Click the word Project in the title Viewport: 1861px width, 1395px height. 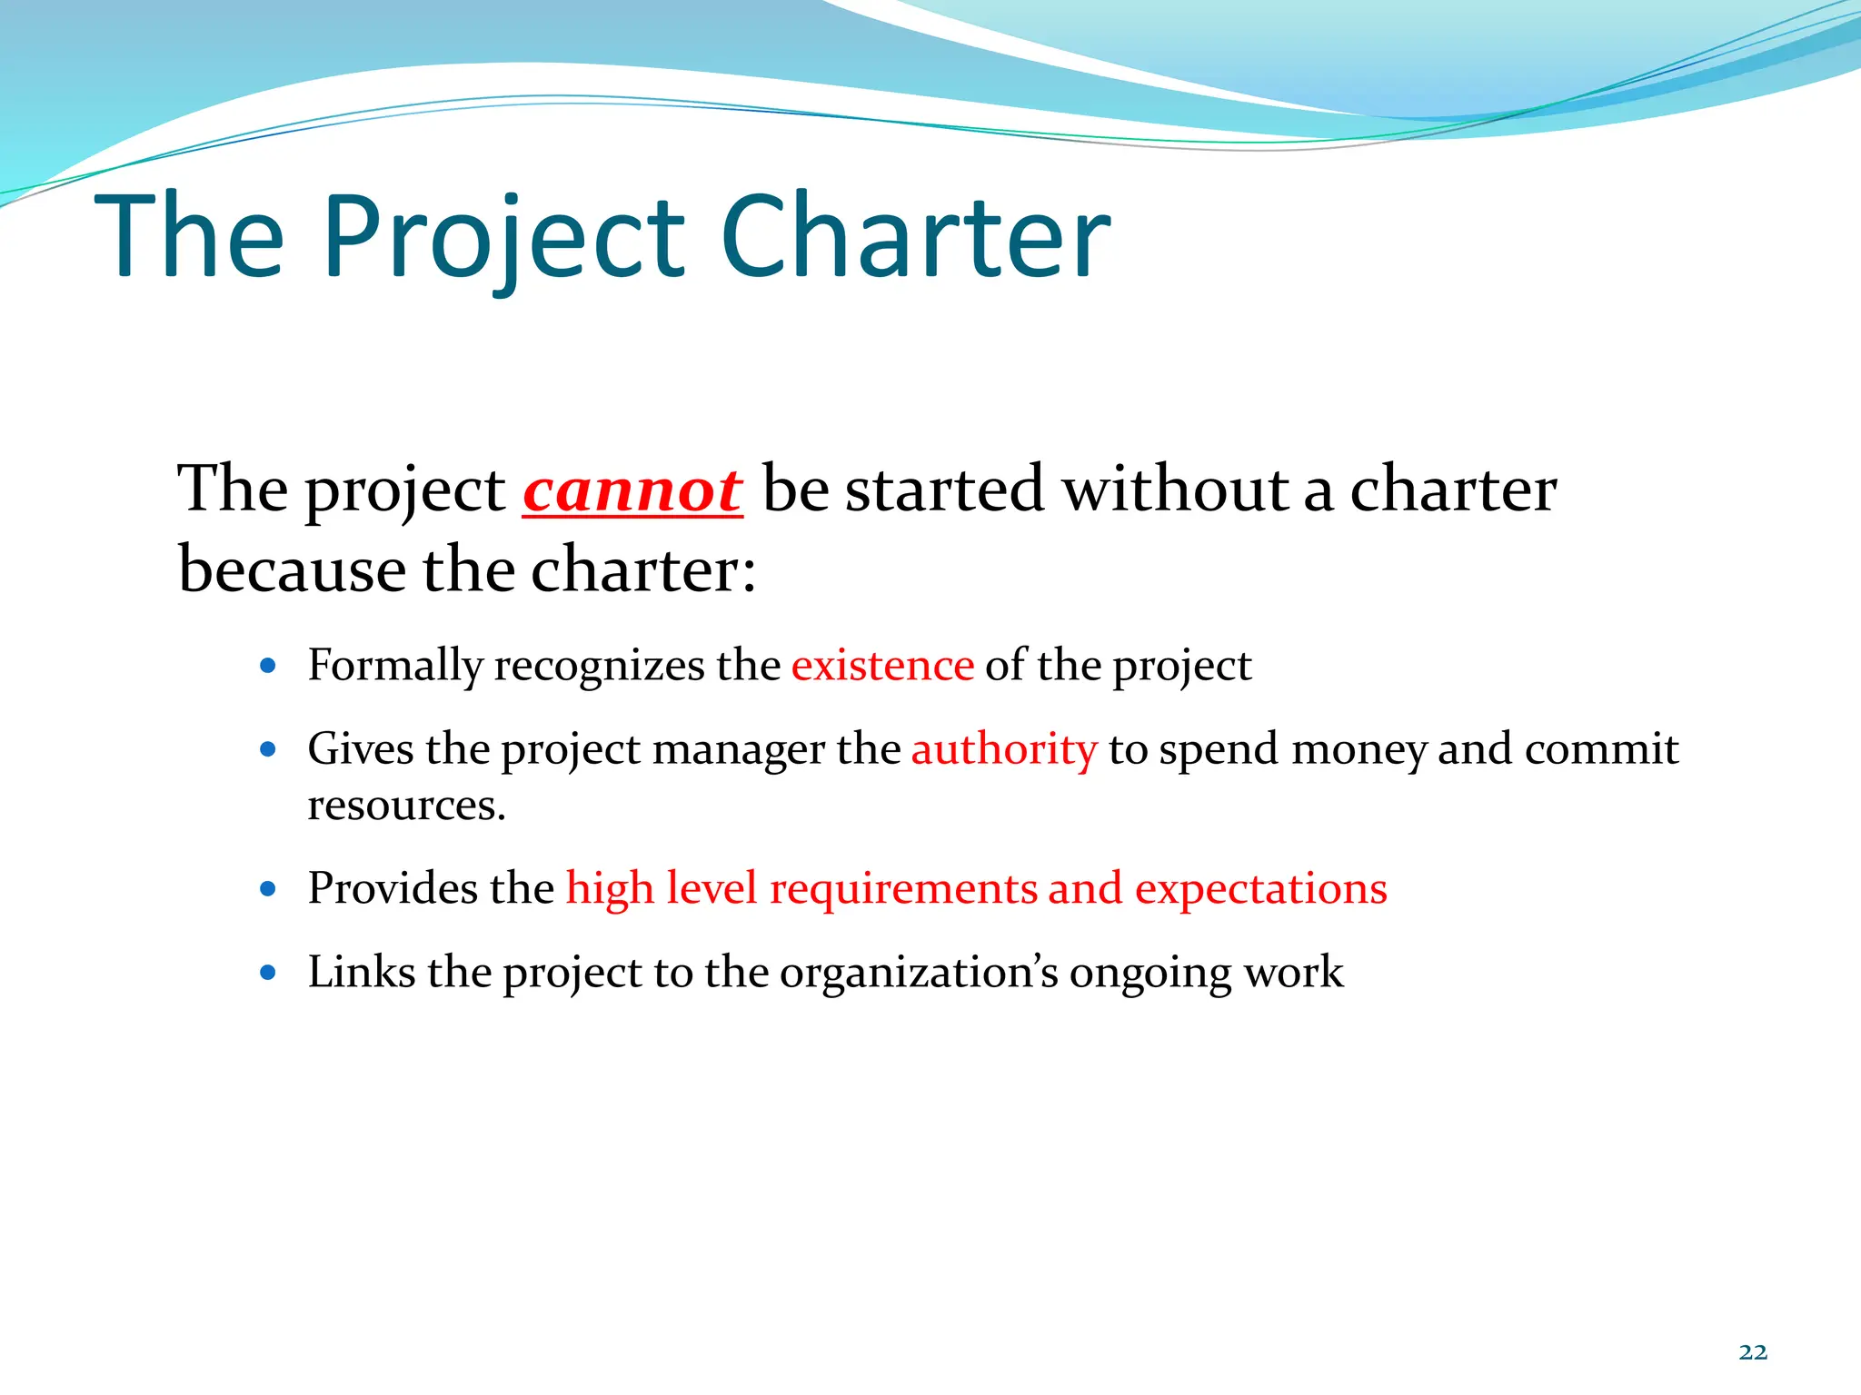[x=503, y=238]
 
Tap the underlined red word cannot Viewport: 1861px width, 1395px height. [x=632, y=490]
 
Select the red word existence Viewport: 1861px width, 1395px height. [x=882, y=665]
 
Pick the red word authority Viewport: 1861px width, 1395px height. [x=1004, y=750]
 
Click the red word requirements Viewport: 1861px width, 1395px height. [x=902, y=888]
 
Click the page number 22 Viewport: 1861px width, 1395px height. [x=1753, y=1352]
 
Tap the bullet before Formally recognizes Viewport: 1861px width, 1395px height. [x=267, y=666]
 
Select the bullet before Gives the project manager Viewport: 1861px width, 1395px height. [x=267, y=750]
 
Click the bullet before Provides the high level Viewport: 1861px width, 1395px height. [x=267, y=889]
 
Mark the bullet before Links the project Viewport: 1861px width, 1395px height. [x=267, y=973]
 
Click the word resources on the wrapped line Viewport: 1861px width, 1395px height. [x=405, y=806]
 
